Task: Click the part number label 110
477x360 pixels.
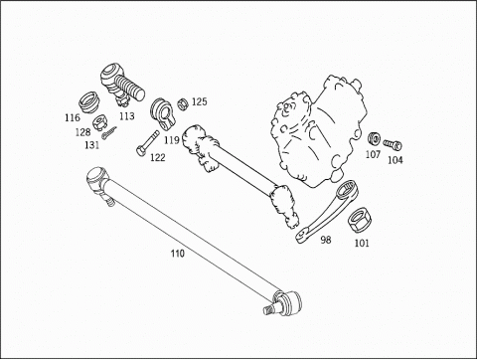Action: (x=177, y=254)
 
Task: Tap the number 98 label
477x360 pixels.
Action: (x=326, y=240)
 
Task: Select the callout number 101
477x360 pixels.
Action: (x=362, y=243)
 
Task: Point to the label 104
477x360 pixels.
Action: (x=396, y=160)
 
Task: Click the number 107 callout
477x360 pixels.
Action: (x=373, y=154)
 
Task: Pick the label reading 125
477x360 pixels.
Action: (x=200, y=101)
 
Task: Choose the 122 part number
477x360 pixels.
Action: (x=158, y=157)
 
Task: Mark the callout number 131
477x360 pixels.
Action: (x=91, y=145)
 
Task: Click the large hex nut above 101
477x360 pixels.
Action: (x=361, y=221)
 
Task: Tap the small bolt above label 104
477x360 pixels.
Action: (x=393, y=144)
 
